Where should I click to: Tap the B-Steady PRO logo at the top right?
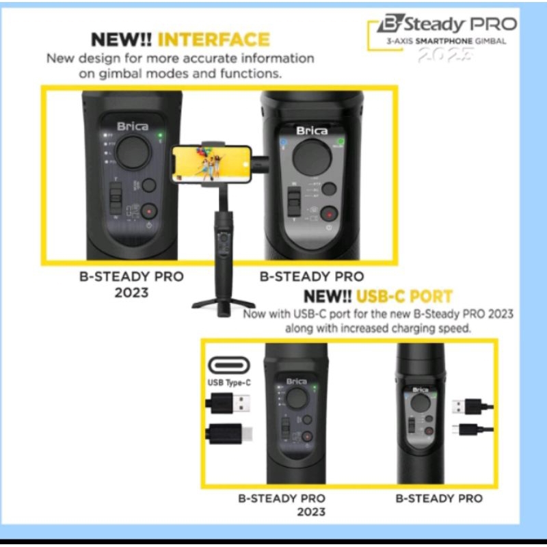[x=447, y=25]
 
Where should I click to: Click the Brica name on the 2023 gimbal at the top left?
[x=132, y=126]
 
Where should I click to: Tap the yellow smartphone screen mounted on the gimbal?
[x=210, y=163]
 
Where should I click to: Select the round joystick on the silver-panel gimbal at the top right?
[x=312, y=159]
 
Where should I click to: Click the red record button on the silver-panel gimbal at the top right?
[x=330, y=213]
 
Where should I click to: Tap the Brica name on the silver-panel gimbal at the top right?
[x=311, y=131]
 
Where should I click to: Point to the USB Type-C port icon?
[x=229, y=365]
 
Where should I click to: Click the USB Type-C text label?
[x=229, y=383]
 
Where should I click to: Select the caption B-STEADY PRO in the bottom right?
[x=438, y=498]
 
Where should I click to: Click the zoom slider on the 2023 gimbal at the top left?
[x=115, y=200]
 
